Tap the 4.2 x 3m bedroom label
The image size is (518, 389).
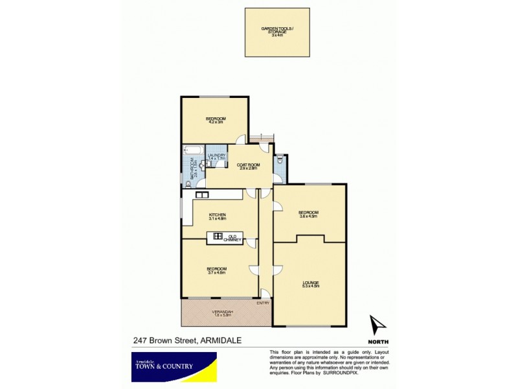(215, 121)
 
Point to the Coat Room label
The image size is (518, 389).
(249, 167)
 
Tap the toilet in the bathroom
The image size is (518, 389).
(188, 176)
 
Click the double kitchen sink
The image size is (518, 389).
(201, 194)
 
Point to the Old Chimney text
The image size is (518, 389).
(232, 238)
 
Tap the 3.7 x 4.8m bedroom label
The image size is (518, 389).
(216, 270)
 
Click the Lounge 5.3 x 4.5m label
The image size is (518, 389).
(310, 283)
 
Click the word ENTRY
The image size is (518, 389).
(263, 303)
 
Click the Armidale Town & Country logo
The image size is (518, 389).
(172, 366)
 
